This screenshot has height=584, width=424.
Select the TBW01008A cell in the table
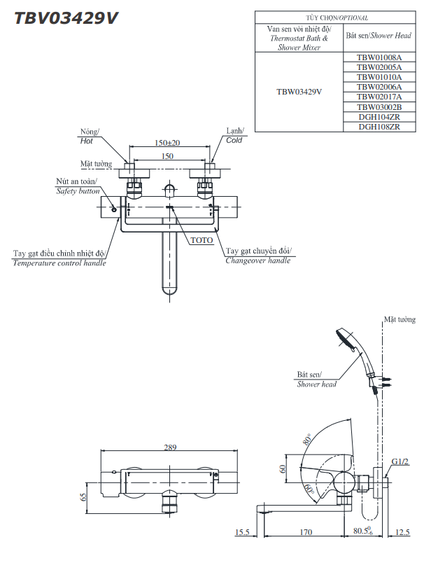(x=379, y=57)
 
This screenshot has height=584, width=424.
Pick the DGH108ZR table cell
(x=379, y=127)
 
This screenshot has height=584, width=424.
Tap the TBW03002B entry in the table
(x=379, y=106)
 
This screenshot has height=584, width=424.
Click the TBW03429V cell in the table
(x=299, y=92)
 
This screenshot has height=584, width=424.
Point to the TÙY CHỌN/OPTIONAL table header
(x=337, y=18)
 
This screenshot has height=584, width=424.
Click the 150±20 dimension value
(x=167, y=143)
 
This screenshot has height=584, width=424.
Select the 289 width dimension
(x=170, y=447)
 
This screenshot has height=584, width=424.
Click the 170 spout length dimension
(x=306, y=532)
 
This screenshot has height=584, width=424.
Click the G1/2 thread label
(x=400, y=461)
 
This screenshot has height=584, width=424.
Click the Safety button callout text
(x=78, y=190)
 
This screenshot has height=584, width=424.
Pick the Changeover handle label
(x=257, y=260)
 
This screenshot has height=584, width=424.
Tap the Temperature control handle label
(x=59, y=263)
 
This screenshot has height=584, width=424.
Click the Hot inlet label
(x=87, y=141)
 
